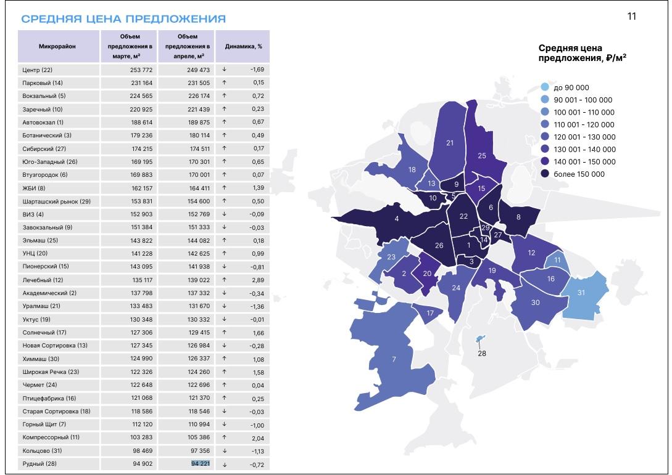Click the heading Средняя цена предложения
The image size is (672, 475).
pyautogui.click(x=123, y=19)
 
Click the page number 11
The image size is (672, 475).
pyautogui.click(x=631, y=16)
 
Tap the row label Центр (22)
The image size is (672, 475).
pyautogui.click(x=38, y=70)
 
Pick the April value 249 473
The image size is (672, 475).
pyautogui.click(x=198, y=70)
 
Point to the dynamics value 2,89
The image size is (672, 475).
pyautogui.click(x=257, y=280)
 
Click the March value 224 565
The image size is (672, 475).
pyautogui.click(x=140, y=96)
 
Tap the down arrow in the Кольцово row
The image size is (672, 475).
pyautogui.click(x=224, y=451)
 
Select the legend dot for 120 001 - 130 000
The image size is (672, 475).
pyautogui.click(x=544, y=137)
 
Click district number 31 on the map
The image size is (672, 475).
pyautogui.click(x=581, y=293)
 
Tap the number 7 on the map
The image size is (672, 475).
pyautogui.click(x=393, y=359)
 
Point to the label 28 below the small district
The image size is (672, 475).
pyautogui.click(x=481, y=353)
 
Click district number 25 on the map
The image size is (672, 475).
pyautogui.click(x=482, y=156)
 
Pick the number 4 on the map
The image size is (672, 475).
pyautogui.click(x=397, y=219)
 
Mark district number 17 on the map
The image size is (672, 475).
pyautogui.click(x=430, y=313)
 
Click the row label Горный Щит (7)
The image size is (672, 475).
pyautogui.click(x=44, y=424)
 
